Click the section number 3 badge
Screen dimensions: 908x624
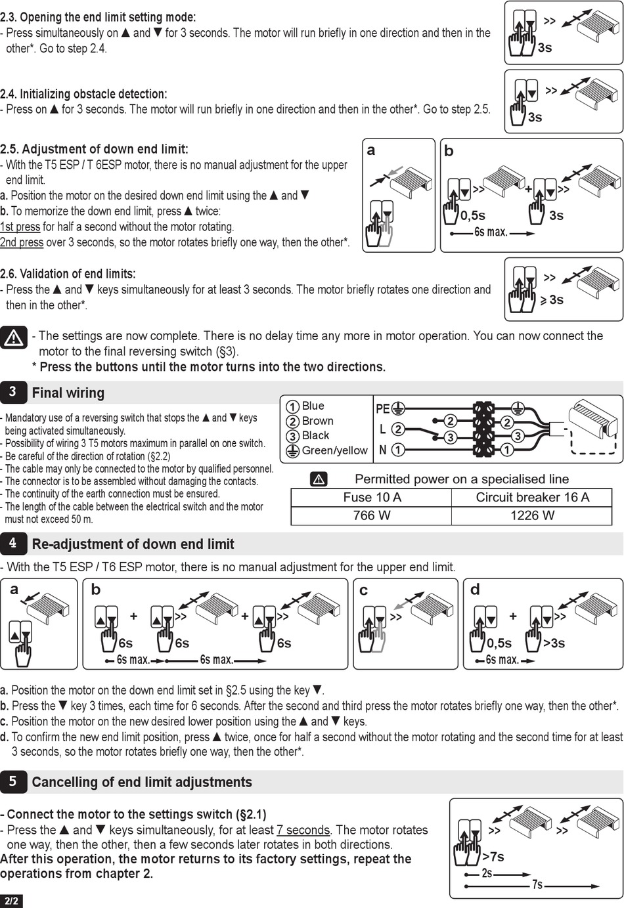pyautogui.click(x=12, y=392)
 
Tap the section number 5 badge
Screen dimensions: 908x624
pyautogui.click(x=12, y=781)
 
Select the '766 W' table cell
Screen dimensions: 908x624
pyautogui.click(x=371, y=515)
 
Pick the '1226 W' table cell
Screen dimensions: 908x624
pyautogui.click(x=532, y=515)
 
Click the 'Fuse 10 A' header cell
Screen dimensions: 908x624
pyautogui.click(x=372, y=497)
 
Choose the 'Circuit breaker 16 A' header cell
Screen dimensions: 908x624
pyautogui.click(x=532, y=497)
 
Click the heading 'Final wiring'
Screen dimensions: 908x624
pyautogui.click(x=68, y=393)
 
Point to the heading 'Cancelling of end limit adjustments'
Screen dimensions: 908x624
pyautogui.click(x=142, y=782)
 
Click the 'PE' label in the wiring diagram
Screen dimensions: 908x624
pyautogui.click(x=382, y=408)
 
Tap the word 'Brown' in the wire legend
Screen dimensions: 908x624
pyautogui.click(x=317, y=421)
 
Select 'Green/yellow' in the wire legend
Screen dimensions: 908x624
pyautogui.click(x=334, y=450)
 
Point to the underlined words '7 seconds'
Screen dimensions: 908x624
pyautogui.click(x=303, y=830)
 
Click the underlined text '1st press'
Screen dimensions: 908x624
pyautogui.click(x=20, y=227)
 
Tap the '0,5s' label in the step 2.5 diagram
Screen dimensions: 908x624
pyautogui.click(x=473, y=215)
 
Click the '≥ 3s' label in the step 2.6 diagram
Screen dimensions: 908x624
pyautogui.click(x=552, y=300)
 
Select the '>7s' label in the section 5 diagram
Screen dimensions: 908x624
pyautogui.click(x=493, y=856)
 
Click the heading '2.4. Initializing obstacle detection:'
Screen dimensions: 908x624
pyautogui.click(x=83, y=94)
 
